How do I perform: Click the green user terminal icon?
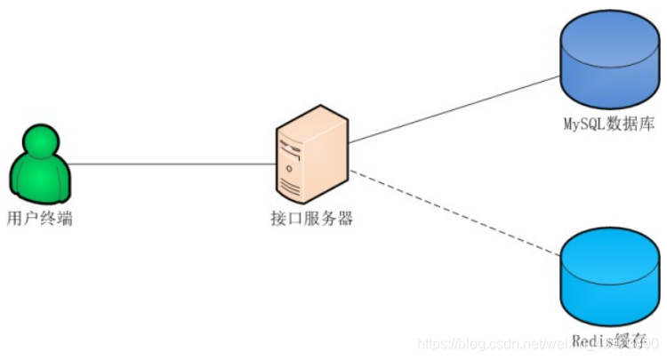coord(41,164)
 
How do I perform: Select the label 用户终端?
coord(39,217)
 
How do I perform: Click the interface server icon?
coord(311,156)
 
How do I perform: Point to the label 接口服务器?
coord(311,218)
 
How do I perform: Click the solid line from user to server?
coord(169,164)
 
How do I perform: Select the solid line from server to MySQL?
coord(454,109)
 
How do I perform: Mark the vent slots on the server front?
coord(292,185)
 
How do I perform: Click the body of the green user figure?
coord(41,178)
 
